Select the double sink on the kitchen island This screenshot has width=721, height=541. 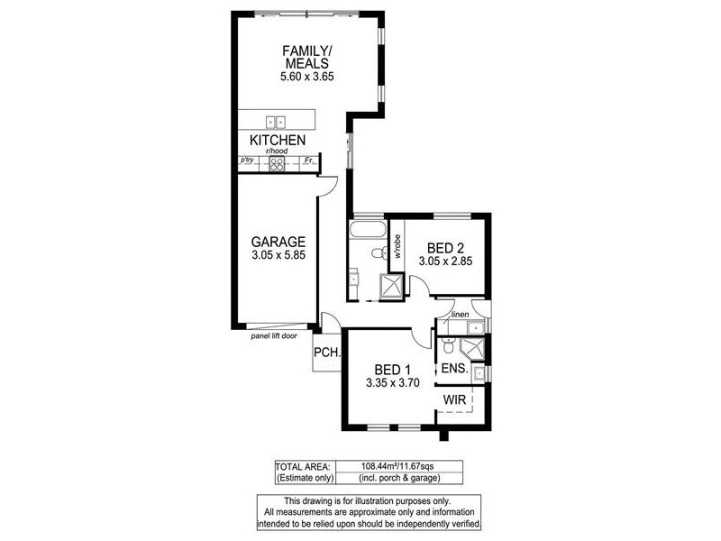coord(275,121)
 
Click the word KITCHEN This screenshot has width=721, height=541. coord(278,141)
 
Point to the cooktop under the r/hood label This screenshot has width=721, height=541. coord(278,163)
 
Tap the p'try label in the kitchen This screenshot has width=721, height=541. coord(247,160)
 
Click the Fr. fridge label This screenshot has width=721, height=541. coord(308,161)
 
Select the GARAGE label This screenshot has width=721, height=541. coord(278,242)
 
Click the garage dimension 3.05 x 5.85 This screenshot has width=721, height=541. coord(278,256)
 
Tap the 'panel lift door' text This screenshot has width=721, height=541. coord(274,335)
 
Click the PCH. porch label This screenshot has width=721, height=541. coord(325,353)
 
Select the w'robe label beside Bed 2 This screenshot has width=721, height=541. coord(396,247)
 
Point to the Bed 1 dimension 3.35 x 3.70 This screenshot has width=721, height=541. coord(393,382)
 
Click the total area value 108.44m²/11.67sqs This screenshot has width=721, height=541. coord(399,466)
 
